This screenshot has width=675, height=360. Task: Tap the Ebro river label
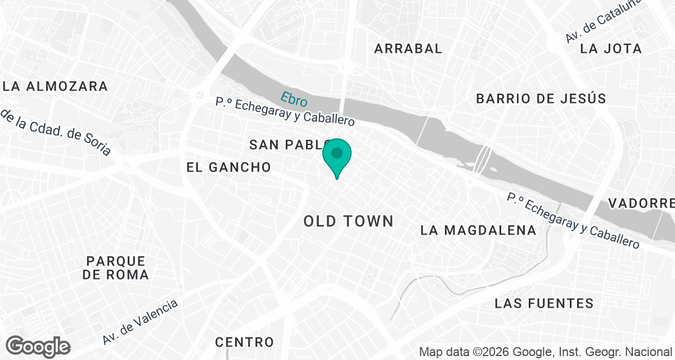pos(295,99)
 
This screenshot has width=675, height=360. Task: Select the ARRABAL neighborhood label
pos(408,48)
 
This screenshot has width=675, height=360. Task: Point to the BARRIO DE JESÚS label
pos(541,99)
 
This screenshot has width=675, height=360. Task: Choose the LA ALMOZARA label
pos(55,86)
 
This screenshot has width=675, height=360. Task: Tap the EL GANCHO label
pos(229,167)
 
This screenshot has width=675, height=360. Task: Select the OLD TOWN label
pos(349,221)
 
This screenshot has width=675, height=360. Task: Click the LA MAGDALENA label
pos(479,230)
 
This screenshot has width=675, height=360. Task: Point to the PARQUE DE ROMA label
pos(115,268)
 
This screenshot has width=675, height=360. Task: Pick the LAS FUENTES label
pos(544,304)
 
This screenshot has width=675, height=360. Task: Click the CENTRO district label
pos(245,342)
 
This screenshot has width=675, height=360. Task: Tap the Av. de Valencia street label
pos(141,322)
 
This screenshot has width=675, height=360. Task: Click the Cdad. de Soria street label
pos(56,133)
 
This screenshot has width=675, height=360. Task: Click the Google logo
pos(38,346)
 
